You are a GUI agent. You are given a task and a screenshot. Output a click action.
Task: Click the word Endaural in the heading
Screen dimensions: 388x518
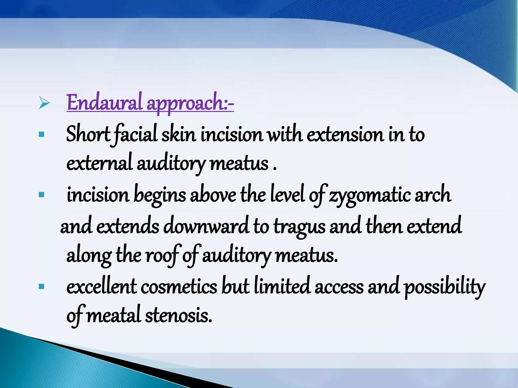click(x=104, y=103)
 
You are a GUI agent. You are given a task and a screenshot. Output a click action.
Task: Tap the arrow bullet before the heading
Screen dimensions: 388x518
click(x=44, y=103)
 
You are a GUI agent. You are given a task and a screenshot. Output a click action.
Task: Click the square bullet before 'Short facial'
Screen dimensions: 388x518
click(x=42, y=134)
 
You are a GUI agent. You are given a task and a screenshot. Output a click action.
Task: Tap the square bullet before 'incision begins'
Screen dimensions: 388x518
click(x=42, y=195)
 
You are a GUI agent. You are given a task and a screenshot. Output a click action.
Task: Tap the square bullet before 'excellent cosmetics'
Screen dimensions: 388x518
click(x=42, y=286)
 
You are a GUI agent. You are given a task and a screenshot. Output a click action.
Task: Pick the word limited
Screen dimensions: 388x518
click(x=282, y=286)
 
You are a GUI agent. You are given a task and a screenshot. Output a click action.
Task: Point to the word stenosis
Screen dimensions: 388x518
click(x=178, y=316)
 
